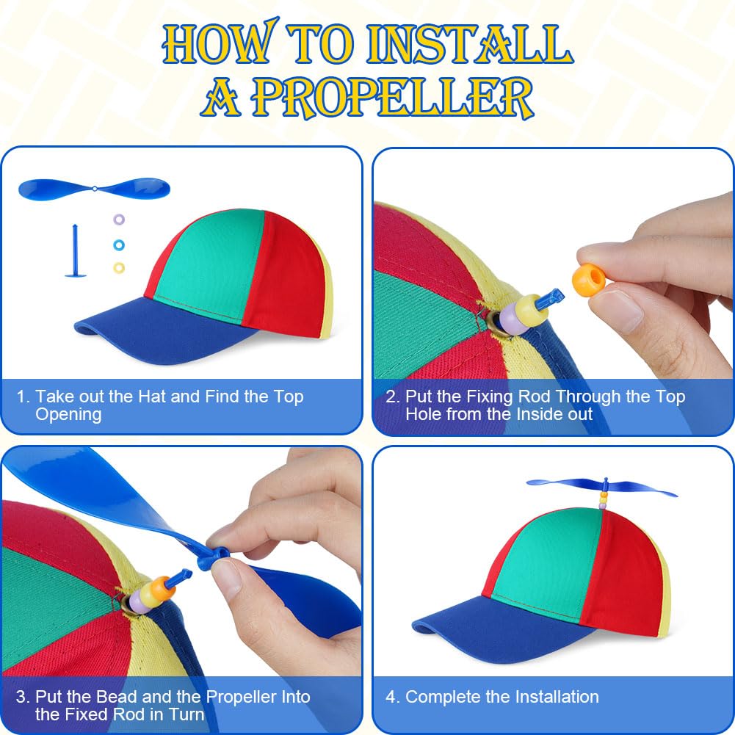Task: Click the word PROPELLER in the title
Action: tap(392, 98)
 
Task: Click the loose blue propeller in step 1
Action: tap(94, 189)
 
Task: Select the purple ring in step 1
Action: tap(119, 219)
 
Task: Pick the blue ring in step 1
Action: tap(119, 245)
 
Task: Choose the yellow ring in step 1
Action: tap(119, 268)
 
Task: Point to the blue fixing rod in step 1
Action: tap(75, 251)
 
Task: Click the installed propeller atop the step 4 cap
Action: tap(602, 487)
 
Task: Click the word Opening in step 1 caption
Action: tap(68, 415)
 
